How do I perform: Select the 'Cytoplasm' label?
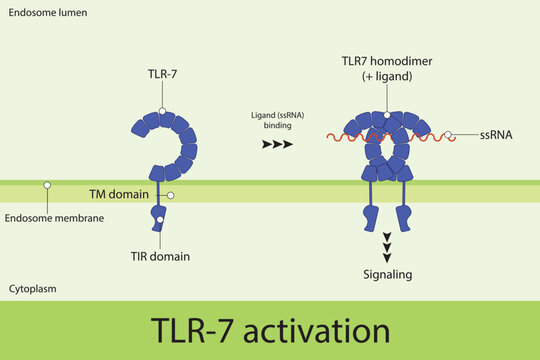tap(32, 288)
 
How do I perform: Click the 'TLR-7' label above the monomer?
tap(161, 74)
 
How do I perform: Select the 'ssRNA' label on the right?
tap(496, 134)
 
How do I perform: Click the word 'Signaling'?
tap(387, 273)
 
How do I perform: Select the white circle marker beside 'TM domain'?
tap(171, 195)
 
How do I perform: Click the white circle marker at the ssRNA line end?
tap(449, 134)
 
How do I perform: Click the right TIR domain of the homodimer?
tap(407, 217)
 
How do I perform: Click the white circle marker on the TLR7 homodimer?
tap(387, 117)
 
